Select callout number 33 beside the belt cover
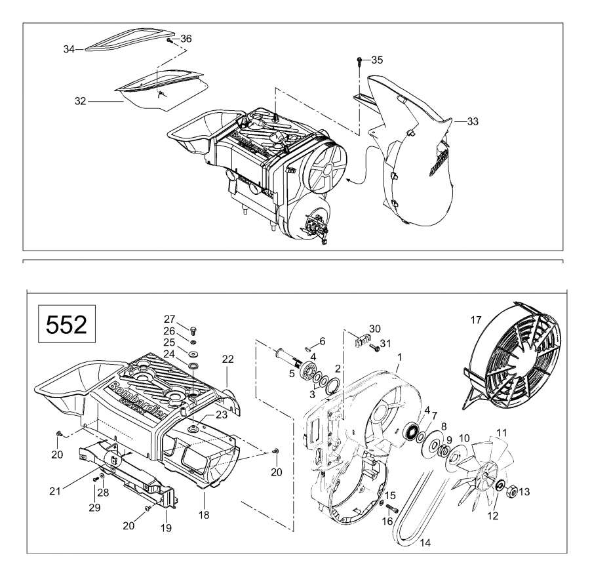tap(473, 121)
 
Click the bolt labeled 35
tap(360, 61)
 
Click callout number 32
tap(81, 101)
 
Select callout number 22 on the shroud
tap(227, 359)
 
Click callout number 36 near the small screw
tap(186, 39)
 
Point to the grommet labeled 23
tap(194, 428)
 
